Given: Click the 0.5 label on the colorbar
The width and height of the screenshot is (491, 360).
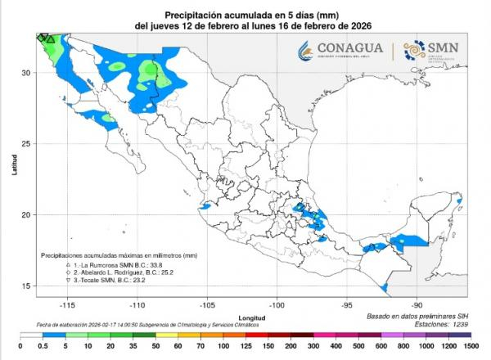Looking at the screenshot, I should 38,348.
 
